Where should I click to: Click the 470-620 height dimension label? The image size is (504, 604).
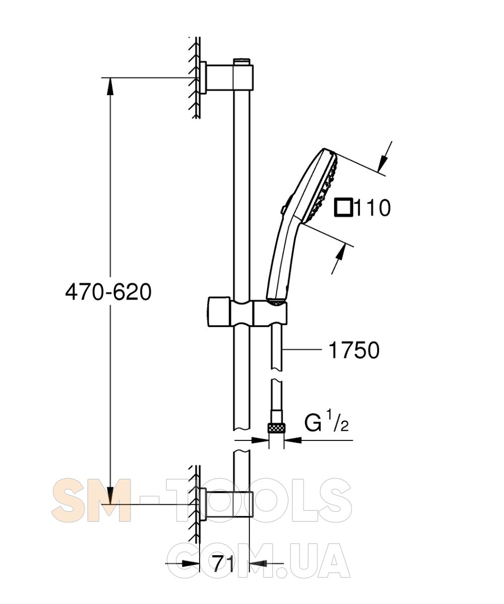pyautogui.click(x=108, y=292)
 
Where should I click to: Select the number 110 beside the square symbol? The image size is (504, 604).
pyautogui.click(x=372, y=208)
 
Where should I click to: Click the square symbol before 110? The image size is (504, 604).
pyautogui.click(x=344, y=207)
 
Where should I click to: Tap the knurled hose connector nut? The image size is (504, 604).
pyautogui.click(x=276, y=427)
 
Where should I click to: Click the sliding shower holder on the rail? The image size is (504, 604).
pyautogui.click(x=247, y=313)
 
